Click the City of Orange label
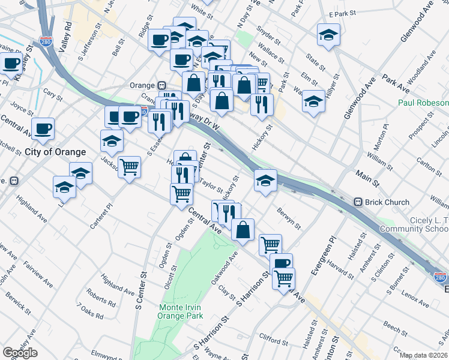coord(55,152)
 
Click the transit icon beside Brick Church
coord(358,203)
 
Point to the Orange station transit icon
coord(161,85)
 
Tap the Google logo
coord(20,353)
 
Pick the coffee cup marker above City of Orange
coord(43,128)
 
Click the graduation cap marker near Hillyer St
coord(313,101)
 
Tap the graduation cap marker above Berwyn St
coord(265,179)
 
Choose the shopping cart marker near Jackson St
coord(129,166)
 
